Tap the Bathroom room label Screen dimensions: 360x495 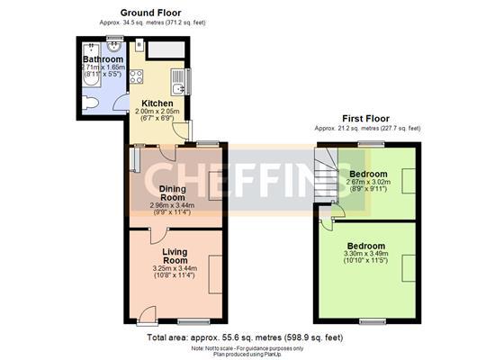[x=103, y=59]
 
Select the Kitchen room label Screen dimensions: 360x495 [x=158, y=103]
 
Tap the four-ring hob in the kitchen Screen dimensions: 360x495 [x=137, y=76]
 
